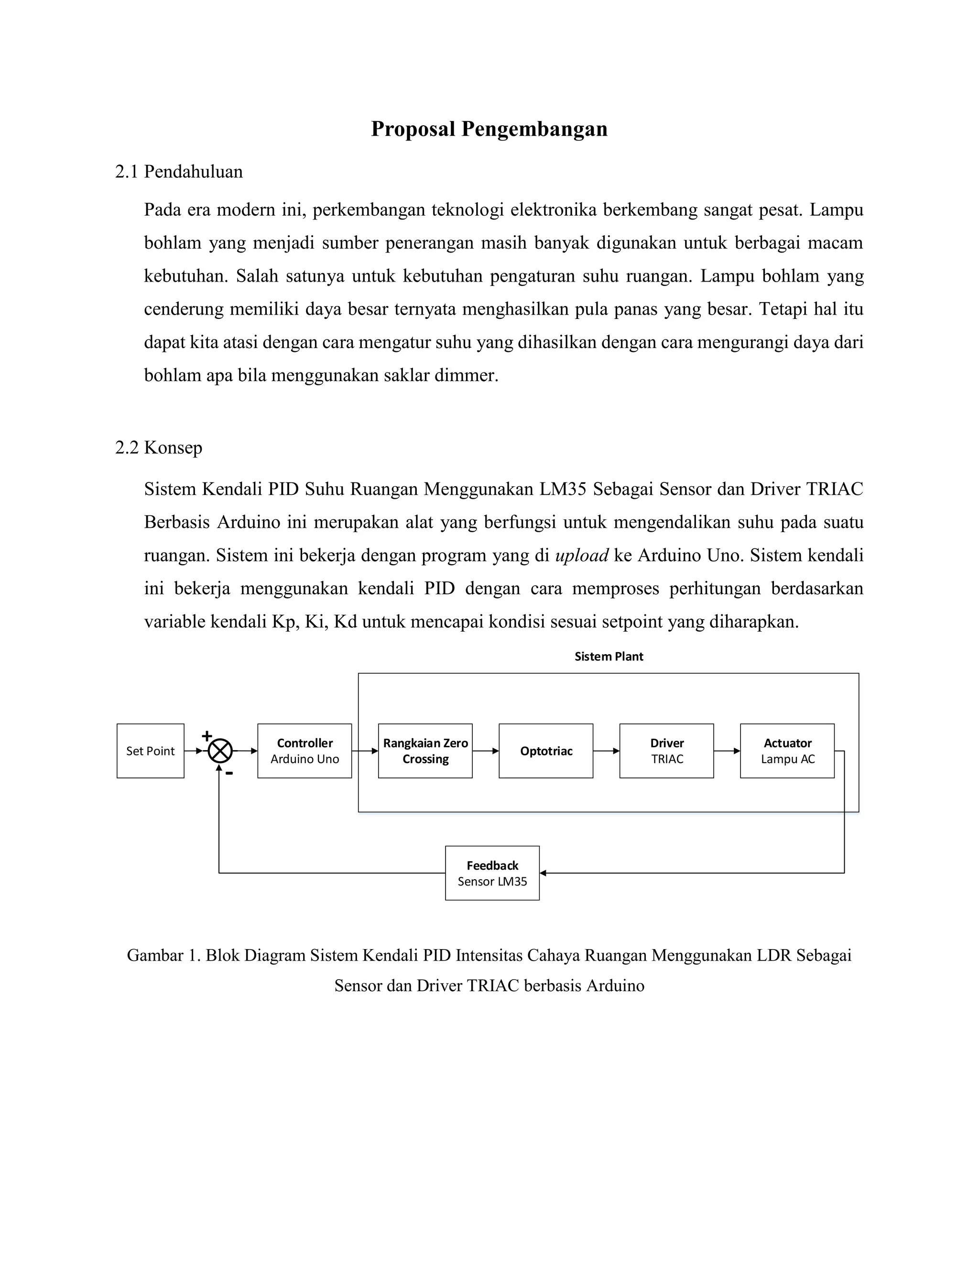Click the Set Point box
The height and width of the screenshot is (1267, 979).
click(150, 751)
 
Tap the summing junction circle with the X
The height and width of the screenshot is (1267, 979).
click(220, 751)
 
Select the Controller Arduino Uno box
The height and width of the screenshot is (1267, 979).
click(305, 751)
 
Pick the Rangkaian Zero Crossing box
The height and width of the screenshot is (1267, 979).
click(425, 751)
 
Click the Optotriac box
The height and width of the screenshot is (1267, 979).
click(546, 751)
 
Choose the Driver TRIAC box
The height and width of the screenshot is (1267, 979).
click(666, 751)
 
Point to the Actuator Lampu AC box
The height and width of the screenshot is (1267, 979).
click(787, 751)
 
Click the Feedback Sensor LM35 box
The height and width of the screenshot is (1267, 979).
click(492, 873)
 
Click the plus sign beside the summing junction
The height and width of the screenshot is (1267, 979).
click(207, 736)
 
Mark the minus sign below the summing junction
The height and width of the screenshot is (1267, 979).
click(229, 773)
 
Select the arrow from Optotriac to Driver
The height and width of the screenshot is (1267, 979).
click(606, 751)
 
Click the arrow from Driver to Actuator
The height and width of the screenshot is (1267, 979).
click(727, 751)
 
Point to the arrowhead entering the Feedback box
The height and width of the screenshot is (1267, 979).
click(544, 873)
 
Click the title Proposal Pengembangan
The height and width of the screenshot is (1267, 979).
click(489, 129)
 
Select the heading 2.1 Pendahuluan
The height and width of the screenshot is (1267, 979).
click(179, 172)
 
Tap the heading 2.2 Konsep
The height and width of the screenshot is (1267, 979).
click(158, 448)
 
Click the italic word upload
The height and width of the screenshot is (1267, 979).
click(581, 556)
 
